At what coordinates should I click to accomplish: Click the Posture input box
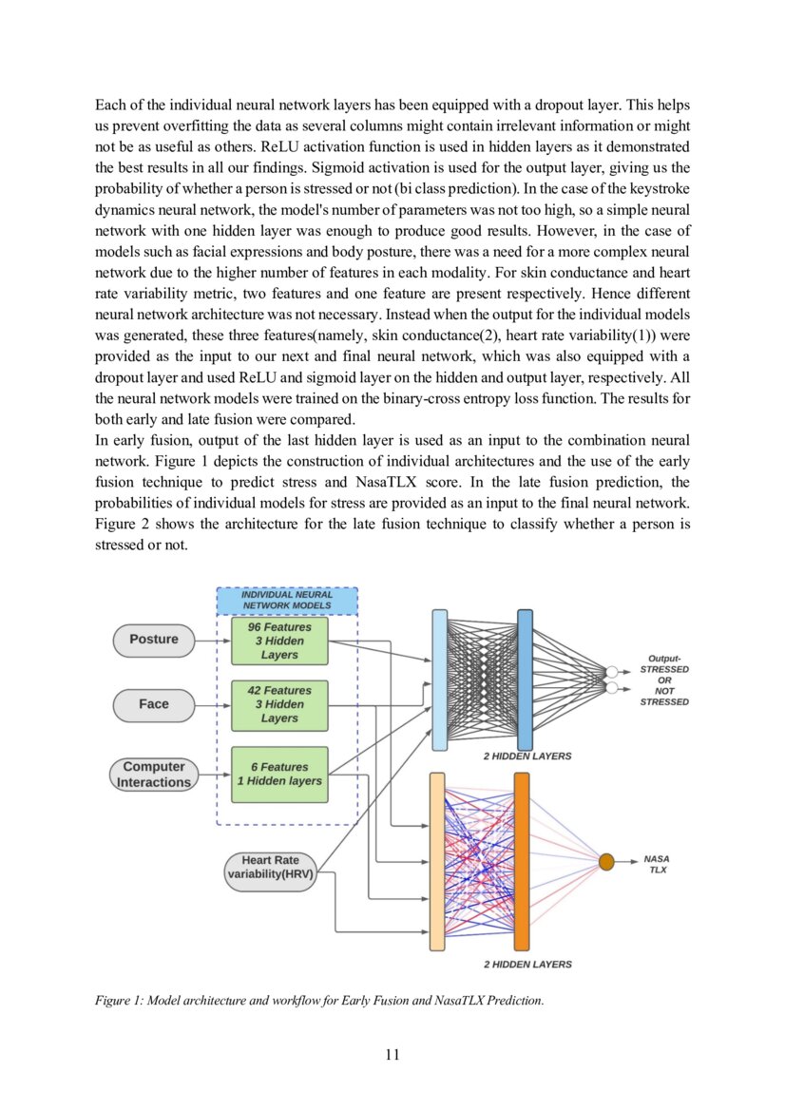(x=154, y=640)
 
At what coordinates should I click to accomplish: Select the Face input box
(x=154, y=704)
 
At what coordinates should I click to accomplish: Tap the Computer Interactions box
(x=154, y=775)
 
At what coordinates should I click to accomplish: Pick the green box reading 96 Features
(x=279, y=641)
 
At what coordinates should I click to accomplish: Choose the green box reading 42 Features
(x=279, y=704)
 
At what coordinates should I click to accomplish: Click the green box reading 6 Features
(x=279, y=774)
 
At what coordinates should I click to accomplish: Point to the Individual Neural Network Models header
(x=287, y=601)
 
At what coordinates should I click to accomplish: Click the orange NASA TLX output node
(x=606, y=862)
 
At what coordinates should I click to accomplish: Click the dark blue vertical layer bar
(x=525, y=680)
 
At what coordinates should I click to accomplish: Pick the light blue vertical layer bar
(x=439, y=680)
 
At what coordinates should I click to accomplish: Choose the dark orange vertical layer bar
(x=522, y=861)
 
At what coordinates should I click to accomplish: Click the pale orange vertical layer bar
(x=437, y=861)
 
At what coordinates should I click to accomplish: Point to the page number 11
(x=392, y=1055)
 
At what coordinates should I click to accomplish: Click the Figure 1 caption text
(x=319, y=1000)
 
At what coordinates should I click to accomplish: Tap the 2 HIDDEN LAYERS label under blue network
(x=527, y=757)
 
